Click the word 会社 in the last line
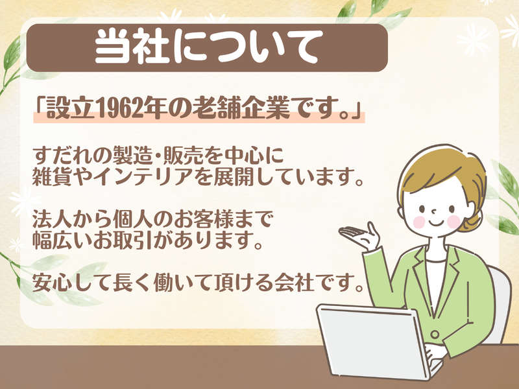coord(315,282)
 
